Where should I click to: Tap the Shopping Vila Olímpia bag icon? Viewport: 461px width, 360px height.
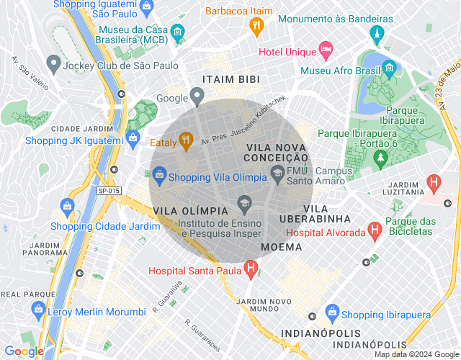(x=158, y=174)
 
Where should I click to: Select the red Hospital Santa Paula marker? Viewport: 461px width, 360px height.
(x=250, y=270)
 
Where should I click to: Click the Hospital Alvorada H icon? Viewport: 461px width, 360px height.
(x=374, y=230)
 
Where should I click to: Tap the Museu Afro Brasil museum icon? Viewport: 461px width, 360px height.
(x=390, y=69)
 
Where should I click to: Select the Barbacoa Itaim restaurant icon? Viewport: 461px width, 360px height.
(x=256, y=26)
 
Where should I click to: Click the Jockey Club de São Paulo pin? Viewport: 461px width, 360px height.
(x=53, y=64)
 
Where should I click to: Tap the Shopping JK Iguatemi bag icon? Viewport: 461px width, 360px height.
(x=133, y=139)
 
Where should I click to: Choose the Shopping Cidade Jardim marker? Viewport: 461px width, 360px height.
(x=67, y=207)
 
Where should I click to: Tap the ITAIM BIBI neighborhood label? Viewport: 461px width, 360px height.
(x=230, y=78)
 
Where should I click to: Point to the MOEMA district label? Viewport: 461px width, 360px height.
(x=281, y=247)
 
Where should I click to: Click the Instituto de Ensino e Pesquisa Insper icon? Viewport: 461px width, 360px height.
(x=243, y=203)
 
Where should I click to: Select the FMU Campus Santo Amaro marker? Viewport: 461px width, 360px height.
(x=277, y=173)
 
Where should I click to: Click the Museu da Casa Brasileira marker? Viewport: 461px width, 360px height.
(x=176, y=32)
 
